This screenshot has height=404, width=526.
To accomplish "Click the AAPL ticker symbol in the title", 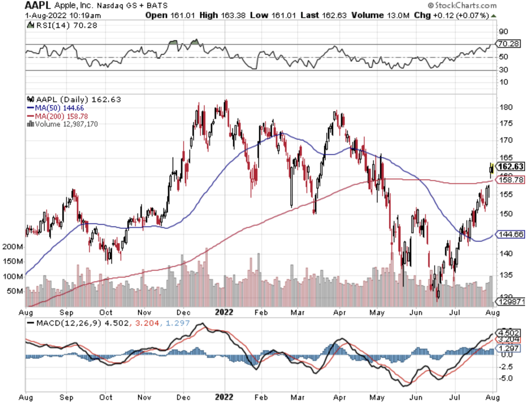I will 37,5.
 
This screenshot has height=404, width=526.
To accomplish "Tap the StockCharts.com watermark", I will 462,5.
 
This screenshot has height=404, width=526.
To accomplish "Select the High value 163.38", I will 234,15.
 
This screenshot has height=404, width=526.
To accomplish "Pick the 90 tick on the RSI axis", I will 503,32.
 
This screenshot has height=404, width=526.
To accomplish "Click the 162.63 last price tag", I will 510,166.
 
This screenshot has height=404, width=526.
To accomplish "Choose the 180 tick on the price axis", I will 506,107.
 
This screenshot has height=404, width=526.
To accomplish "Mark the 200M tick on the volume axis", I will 12,247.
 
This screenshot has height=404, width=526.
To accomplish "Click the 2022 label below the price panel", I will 224,312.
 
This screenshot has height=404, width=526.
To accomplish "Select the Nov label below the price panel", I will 144,312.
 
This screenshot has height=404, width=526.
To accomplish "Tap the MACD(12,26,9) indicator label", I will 69,324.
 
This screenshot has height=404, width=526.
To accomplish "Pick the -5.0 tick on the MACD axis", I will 505,378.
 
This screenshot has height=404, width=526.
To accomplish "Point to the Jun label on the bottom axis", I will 416,398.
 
